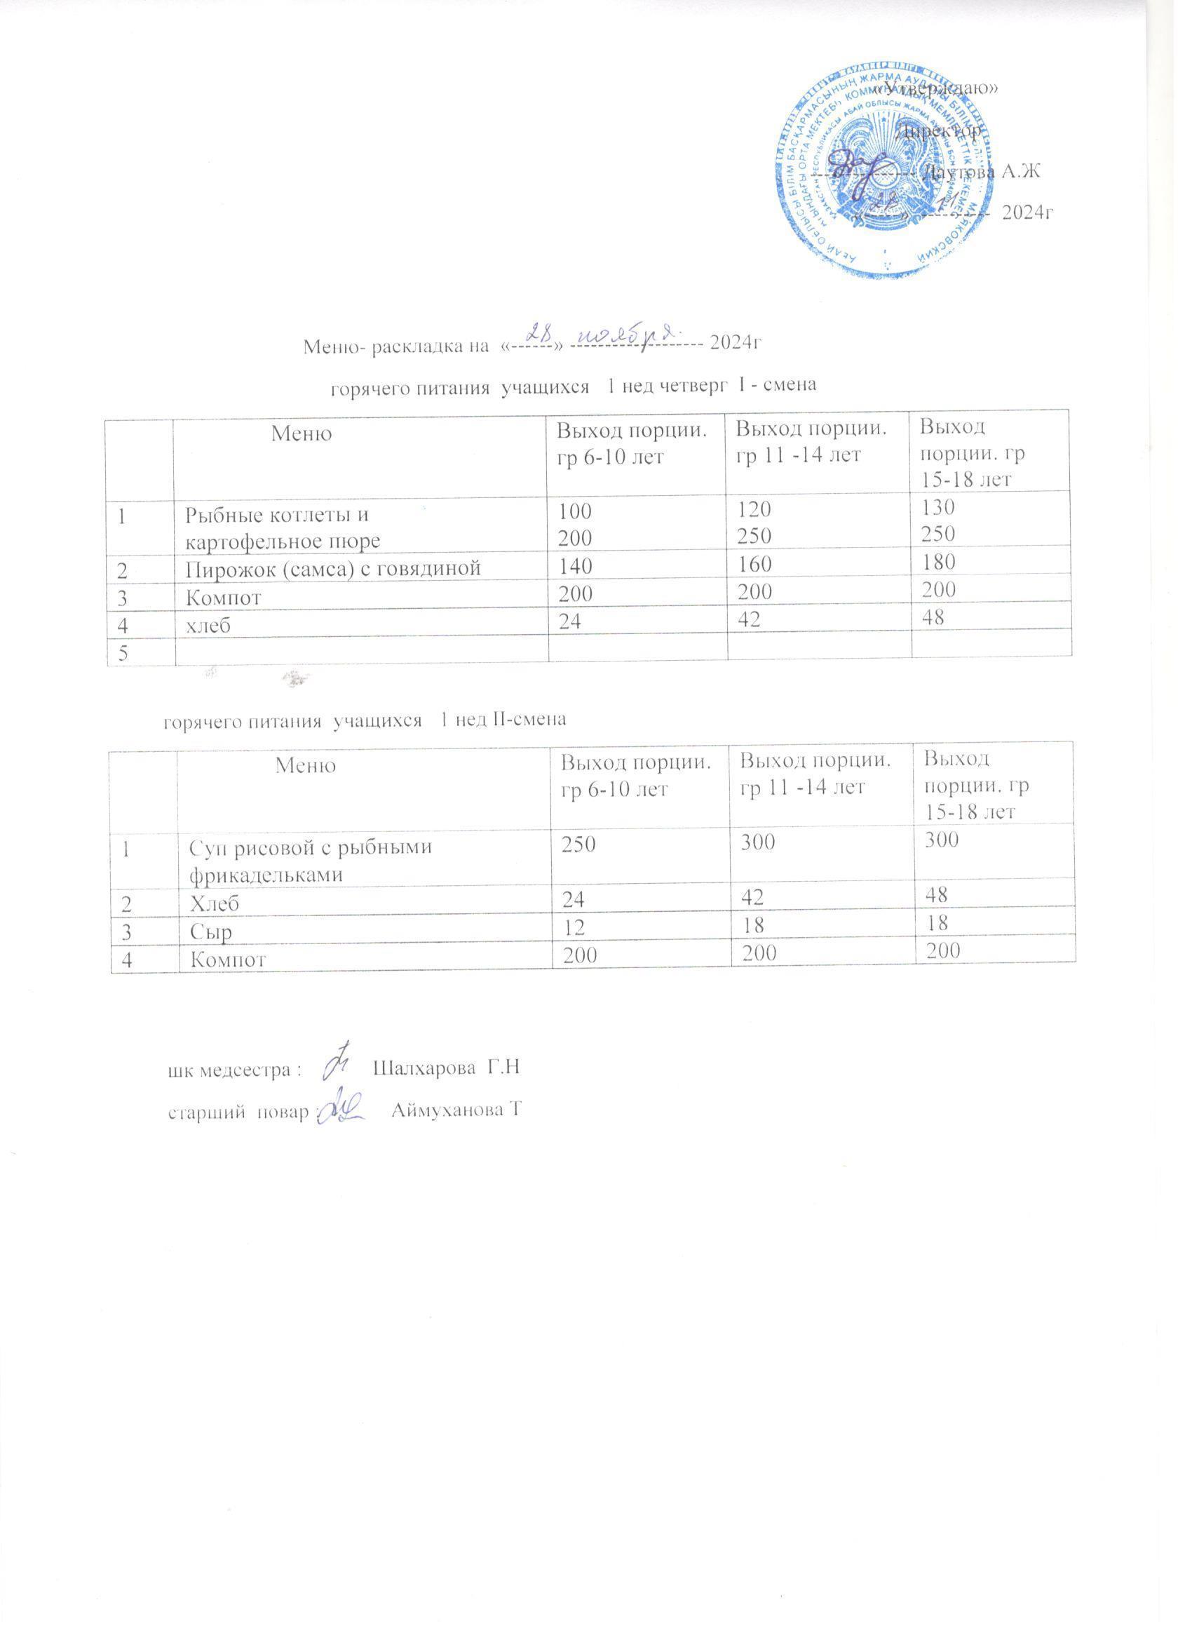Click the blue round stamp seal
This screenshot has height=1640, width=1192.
coord(885,173)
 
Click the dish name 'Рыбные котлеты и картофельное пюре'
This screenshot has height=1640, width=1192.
coord(283,528)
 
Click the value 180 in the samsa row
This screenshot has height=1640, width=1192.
coord(937,563)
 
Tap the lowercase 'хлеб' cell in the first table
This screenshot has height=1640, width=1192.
coord(208,625)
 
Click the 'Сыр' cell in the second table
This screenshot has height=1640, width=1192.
coord(210,933)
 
